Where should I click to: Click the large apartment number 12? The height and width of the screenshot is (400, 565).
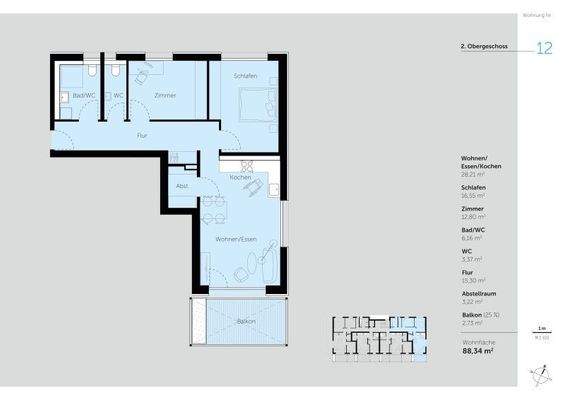(544, 47)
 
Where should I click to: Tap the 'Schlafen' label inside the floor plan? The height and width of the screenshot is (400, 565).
(246, 77)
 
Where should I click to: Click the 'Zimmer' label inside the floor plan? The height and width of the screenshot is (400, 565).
(165, 95)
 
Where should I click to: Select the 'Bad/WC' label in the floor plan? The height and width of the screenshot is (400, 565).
(83, 95)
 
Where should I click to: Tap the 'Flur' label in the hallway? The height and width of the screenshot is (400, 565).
(142, 133)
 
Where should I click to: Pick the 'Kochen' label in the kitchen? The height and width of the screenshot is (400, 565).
(240, 177)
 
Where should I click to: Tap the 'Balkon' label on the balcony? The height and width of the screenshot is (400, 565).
(245, 321)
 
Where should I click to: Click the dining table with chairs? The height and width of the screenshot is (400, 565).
(214, 210)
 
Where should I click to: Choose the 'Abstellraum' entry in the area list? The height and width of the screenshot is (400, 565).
(481, 295)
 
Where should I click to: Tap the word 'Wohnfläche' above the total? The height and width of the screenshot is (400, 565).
(477, 341)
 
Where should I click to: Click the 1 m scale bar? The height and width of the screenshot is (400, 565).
(541, 332)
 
